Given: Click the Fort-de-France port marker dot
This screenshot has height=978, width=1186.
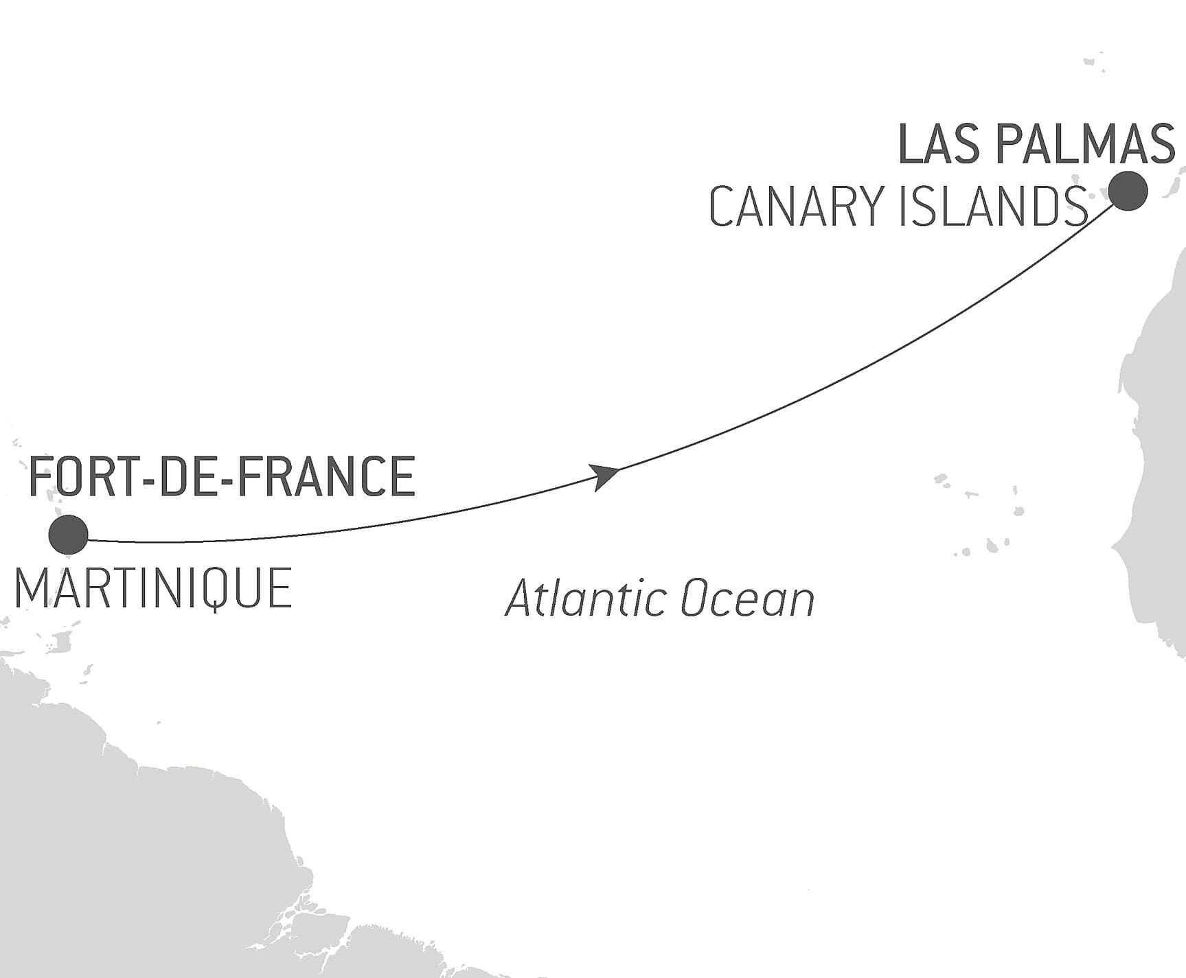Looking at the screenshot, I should [x=69, y=535].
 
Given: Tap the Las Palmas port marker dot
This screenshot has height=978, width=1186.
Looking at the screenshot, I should [x=1128, y=191].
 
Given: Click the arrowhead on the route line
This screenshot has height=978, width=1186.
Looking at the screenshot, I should [x=605, y=475].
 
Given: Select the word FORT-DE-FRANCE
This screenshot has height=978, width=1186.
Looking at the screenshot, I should [x=222, y=476].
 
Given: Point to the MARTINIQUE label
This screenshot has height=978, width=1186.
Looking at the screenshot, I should [x=153, y=589].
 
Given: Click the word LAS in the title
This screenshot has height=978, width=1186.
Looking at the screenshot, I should [x=938, y=145].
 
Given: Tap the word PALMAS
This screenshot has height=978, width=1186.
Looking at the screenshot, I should [x=1084, y=145].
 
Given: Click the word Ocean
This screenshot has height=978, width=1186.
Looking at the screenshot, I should [x=747, y=599].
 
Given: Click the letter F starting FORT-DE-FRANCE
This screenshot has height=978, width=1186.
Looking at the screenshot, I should [x=40, y=476].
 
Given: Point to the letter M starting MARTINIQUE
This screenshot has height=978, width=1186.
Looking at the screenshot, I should [x=30, y=589].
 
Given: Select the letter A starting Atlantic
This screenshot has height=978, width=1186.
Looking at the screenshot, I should [x=521, y=598].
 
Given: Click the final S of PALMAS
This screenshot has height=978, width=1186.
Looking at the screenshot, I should [x=1161, y=145].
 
